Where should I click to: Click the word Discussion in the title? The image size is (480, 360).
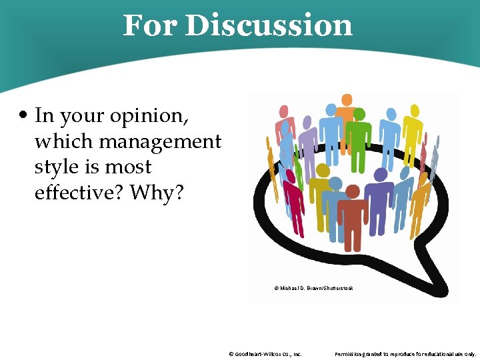tap(269, 25)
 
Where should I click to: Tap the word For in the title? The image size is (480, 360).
tap(150, 25)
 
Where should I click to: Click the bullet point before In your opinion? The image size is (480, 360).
tap(23, 117)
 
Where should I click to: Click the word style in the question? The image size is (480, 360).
tap(53, 167)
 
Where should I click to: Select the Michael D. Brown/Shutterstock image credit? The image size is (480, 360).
tap(313, 288)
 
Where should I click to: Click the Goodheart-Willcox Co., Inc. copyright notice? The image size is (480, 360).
tap(265, 354)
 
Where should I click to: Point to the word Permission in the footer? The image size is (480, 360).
tap(351, 354)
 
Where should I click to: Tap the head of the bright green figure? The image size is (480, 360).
tap(358, 114)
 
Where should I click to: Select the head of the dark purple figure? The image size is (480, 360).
tap(380, 175)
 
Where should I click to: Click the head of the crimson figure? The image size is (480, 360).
tap(291, 175)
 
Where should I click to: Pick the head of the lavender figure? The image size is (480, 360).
tap(307, 122)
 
